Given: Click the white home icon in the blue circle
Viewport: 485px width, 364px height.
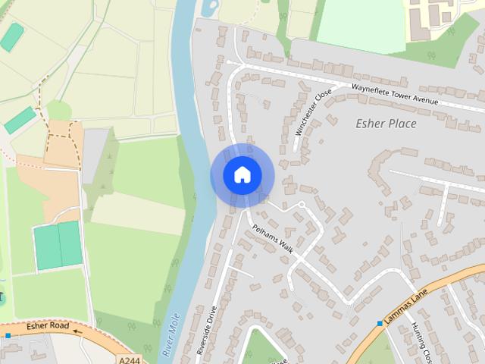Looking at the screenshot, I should [x=242, y=175].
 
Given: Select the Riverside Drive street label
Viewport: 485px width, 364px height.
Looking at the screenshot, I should [x=206, y=334].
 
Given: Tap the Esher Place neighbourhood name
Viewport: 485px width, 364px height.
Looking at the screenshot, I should [x=386, y=124].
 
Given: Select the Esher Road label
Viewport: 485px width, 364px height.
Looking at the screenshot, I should [x=48, y=327].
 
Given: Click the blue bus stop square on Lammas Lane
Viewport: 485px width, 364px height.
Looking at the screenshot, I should [x=380, y=324].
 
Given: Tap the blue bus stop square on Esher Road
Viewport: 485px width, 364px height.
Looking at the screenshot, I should [x=8, y=335].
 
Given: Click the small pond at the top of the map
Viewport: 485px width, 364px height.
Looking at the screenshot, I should [x=208, y=8].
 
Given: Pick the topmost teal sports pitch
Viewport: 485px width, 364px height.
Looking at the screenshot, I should [x=11, y=36].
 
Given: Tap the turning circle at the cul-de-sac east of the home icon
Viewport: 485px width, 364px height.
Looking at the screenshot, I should [x=301, y=206].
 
